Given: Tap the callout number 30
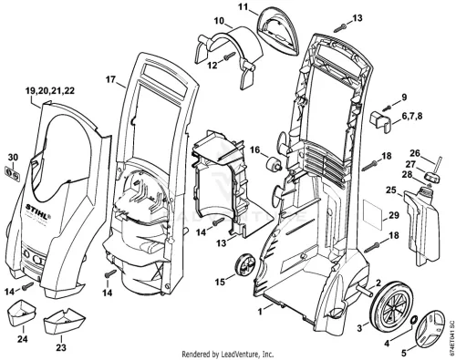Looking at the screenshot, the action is click(x=13, y=158).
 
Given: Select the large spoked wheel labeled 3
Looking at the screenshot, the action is click(x=390, y=307).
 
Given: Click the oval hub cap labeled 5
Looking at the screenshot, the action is click(x=414, y=320).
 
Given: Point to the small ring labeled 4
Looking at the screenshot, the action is click(x=431, y=330).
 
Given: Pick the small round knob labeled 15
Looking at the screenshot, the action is click(x=245, y=263).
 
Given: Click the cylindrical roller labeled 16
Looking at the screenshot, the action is click(x=274, y=165).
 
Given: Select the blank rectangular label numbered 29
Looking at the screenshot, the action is click(x=374, y=215).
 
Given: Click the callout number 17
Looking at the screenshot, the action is click(x=110, y=79).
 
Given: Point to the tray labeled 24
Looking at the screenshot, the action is click(x=21, y=314).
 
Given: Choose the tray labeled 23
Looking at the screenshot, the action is click(x=66, y=321).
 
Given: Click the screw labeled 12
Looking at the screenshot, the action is click(x=230, y=56).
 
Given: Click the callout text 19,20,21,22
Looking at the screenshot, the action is click(x=50, y=91).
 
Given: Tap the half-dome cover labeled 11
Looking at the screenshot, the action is click(x=277, y=33).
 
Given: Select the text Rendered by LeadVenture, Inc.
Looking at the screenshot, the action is click(x=228, y=354).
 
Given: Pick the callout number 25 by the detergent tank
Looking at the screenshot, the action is click(x=391, y=190).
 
